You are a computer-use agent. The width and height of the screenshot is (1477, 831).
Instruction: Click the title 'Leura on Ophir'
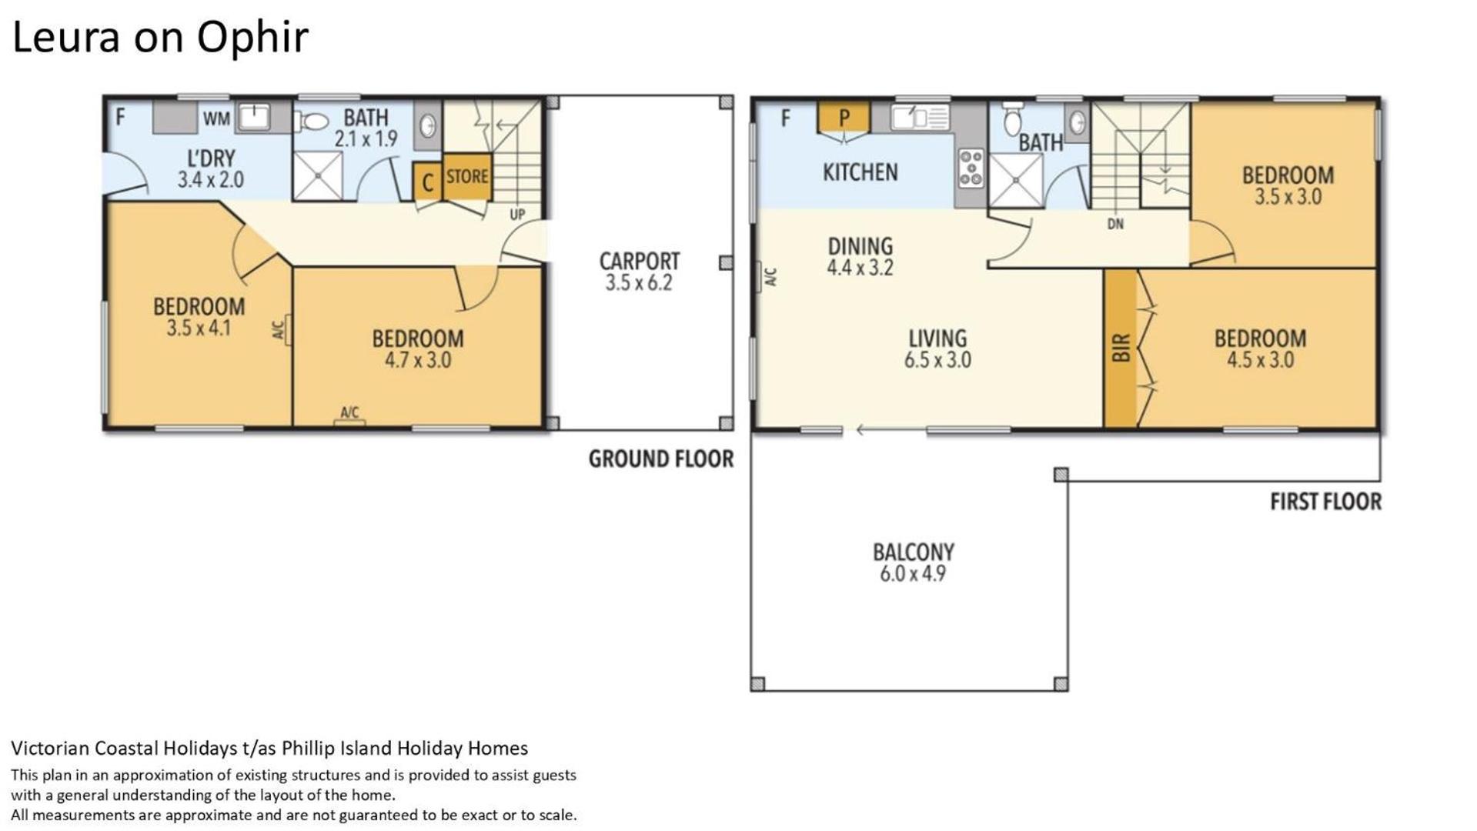pyautogui.click(x=160, y=38)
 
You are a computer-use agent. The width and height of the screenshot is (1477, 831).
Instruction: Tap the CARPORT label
pyautogui.click(x=639, y=261)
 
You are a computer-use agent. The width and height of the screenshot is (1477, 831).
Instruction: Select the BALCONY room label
pyautogui.click(x=913, y=552)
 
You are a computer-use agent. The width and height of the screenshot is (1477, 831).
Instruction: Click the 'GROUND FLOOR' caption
pyautogui.click(x=661, y=459)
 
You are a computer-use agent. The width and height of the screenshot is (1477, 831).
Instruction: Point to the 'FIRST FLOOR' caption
pyautogui.click(x=1325, y=502)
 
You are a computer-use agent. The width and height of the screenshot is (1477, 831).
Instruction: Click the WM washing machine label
pyautogui.click(x=216, y=119)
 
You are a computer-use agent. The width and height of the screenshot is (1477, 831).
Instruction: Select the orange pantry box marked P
pyautogui.click(x=844, y=118)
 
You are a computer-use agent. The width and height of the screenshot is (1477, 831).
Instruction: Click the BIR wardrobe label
pyautogui.click(x=1121, y=348)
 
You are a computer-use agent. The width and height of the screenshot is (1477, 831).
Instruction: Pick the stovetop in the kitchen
pyautogui.click(x=971, y=168)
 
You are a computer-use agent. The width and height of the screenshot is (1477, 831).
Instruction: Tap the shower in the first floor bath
pyautogui.click(x=1016, y=181)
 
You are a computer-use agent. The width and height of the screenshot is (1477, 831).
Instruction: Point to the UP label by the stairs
pyautogui.click(x=517, y=215)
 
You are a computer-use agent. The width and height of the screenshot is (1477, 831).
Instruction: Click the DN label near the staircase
pyautogui.click(x=1115, y=224)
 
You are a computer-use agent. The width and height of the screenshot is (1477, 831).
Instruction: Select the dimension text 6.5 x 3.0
pyautogui.click(x=937, y=359)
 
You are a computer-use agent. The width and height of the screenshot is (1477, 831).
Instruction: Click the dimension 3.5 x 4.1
pyautogui.click(x=199, y=328)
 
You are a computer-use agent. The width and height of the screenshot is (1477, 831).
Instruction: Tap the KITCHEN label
pyautogui.click(x=860, y=172)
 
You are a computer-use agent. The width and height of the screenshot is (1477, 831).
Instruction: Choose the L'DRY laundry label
pyautogui.click(x=211, y=159)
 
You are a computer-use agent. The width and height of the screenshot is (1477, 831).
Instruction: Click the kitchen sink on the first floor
pyautogui.click(x=921, y=118)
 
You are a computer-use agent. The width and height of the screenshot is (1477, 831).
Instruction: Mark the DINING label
pyautogui.click(x=860, y=246)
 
